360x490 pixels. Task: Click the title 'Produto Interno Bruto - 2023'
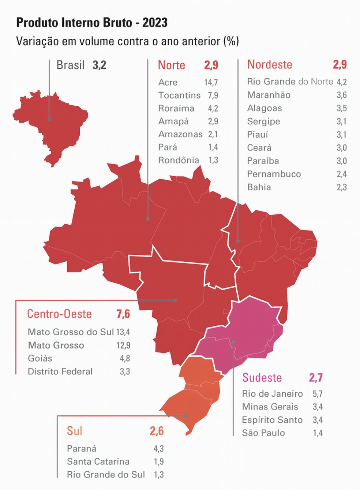point(92,23)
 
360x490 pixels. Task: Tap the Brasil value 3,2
point(99,66)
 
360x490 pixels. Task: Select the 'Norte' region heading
point(171,65)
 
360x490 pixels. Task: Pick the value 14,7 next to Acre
point(211,82)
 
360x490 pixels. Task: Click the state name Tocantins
point(179,96)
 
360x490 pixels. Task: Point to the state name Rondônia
point(179,160)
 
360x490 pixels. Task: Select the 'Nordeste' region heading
point(270,65)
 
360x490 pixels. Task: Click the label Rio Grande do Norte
point(290,82)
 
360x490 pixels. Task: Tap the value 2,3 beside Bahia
point(341,187)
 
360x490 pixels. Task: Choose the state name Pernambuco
point(274,174)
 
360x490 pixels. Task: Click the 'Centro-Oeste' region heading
point(59,314)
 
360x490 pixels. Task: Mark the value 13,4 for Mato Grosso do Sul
point(123,332)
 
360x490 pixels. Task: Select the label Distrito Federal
point(60,372)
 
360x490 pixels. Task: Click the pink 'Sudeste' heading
point(262,378)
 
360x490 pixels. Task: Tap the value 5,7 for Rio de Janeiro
point(317,394)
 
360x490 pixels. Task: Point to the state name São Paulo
point(263,433)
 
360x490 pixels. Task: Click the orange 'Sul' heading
point(74,431)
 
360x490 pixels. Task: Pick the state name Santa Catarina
point(98,462)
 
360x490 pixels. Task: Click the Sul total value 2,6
point(157,431)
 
